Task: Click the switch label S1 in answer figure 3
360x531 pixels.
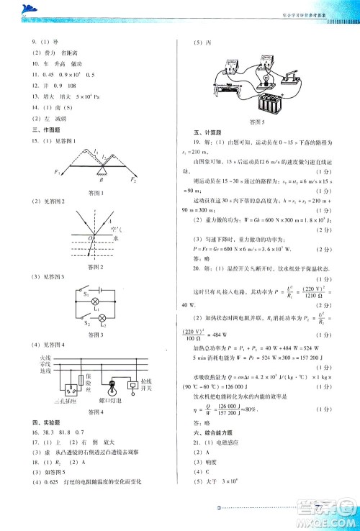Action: (85, 294)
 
